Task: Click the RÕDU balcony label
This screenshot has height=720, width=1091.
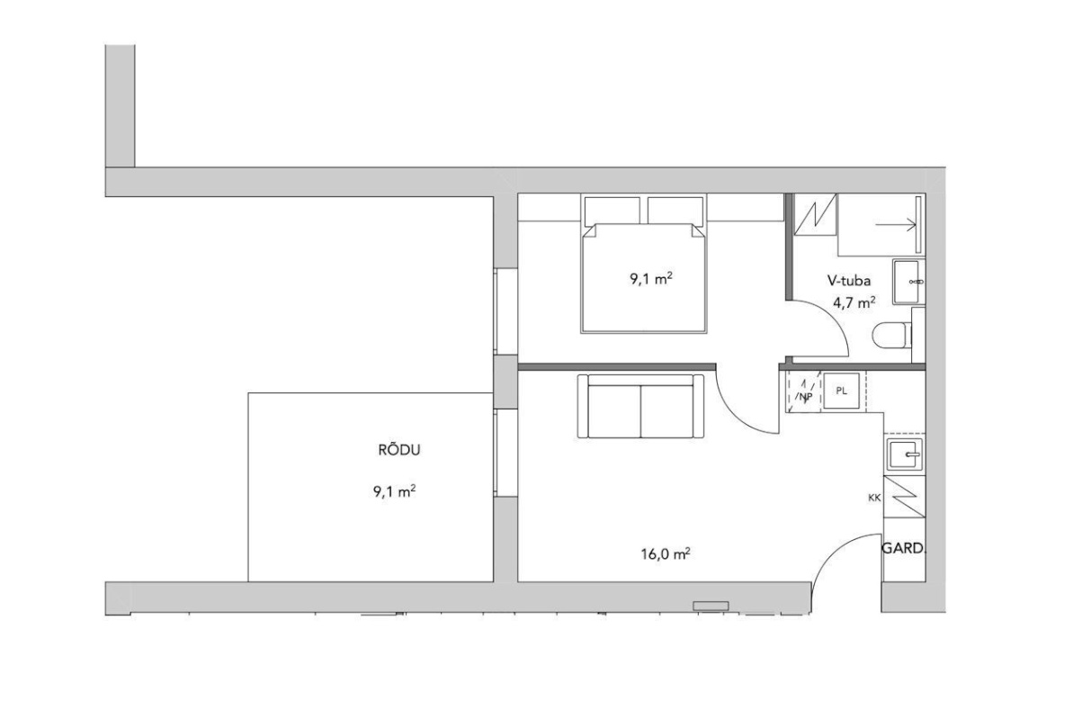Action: tap(399, 450)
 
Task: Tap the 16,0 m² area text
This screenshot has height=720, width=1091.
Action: tap(666, 553)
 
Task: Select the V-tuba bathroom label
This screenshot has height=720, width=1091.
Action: tap(849, 280)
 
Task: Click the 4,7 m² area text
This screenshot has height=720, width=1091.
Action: tap(854, 302)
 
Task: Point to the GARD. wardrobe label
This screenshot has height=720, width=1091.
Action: tap(904, 548)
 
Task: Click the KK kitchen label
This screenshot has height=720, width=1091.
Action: tap(874, 498)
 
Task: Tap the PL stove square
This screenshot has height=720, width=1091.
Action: tap(841, 391)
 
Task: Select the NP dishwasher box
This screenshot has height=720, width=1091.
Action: tap(804, 391)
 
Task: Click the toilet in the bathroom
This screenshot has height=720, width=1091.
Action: tap(892, 336)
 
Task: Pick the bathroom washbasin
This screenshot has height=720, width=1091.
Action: tap(908, 282)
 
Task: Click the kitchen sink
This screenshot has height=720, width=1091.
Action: tap(905, 454)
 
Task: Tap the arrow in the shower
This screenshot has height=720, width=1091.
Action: tap(896, 225)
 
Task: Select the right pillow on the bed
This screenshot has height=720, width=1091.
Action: tap(675, 211)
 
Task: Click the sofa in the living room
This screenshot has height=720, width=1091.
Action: tap(641, 406)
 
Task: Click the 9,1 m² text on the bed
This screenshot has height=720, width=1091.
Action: tap(651, 279)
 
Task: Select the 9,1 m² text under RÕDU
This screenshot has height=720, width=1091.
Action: tap(395, 492)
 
